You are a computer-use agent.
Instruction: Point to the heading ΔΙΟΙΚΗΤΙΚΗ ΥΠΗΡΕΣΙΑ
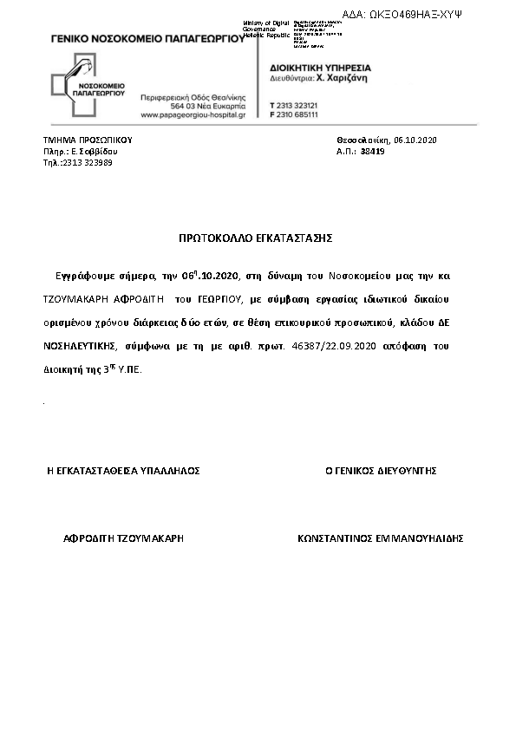320,66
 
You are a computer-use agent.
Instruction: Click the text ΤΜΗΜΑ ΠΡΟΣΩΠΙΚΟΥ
88,140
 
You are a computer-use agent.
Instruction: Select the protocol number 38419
373,151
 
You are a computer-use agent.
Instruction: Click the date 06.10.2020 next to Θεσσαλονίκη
415,140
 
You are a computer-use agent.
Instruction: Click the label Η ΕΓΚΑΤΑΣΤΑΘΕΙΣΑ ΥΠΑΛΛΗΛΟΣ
123,471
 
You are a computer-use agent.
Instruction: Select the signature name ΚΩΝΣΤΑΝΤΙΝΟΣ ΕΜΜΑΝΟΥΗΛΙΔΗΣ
380,538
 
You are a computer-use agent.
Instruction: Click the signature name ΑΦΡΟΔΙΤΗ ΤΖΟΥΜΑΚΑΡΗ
124,538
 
